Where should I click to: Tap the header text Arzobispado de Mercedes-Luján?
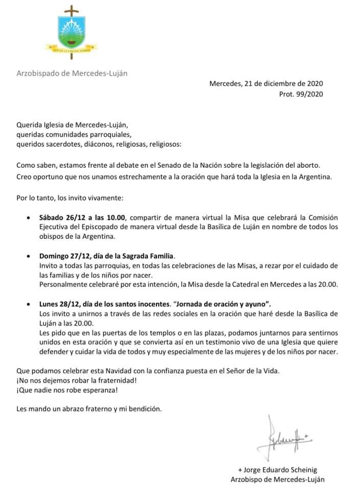[72, 73]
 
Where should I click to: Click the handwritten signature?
[286, 439]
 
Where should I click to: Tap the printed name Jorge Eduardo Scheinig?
[281, 470]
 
